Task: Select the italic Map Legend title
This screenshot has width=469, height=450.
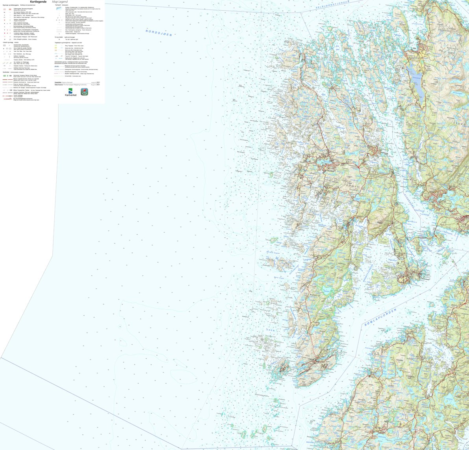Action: pos(60,2)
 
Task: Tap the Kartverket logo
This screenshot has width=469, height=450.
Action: pos(71,92)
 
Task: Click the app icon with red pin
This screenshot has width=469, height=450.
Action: pos(84,92)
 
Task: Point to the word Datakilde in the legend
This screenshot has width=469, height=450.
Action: pos(58,82)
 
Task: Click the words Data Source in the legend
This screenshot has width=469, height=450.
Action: pos(59,84)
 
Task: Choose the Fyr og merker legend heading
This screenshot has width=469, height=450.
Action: pos(59,37)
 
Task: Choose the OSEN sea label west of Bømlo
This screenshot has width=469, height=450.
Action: pos(271,329)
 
